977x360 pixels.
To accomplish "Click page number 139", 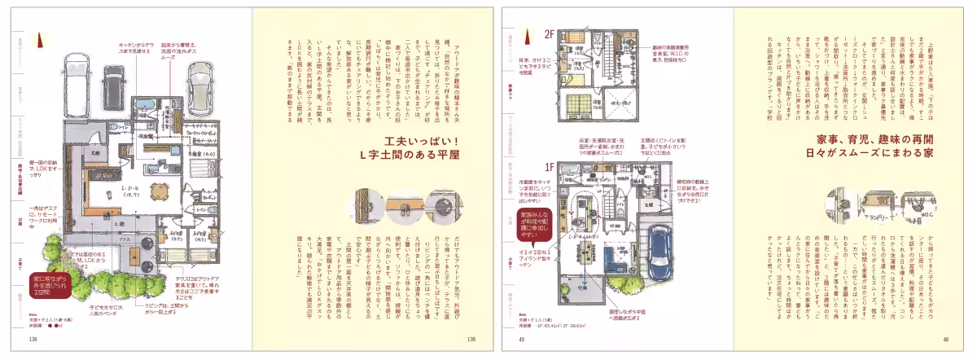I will (x=33, y=340).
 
